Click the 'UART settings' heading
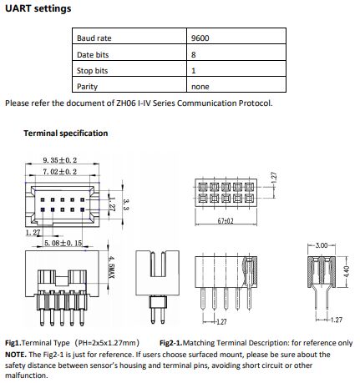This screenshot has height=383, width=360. click(38, 8)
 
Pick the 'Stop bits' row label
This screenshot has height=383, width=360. click(92, 71)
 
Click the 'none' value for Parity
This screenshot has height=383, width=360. click(200, 87)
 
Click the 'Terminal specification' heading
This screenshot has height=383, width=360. click(66, 134)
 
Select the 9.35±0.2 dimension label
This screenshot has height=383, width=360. click(60, 160)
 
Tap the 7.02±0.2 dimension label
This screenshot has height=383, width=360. click(60, 172)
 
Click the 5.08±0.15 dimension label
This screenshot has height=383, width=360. click(63, 243)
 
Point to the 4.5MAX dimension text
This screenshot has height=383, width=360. click(112, 268)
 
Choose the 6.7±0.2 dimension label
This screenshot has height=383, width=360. click(226, 221)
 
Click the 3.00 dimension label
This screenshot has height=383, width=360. click(322, 245)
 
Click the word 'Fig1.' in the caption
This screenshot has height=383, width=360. click(13, 343)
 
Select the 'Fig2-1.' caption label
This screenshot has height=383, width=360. click(171, 343)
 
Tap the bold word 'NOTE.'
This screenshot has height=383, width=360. click(16, 355)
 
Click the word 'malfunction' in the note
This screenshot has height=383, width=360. click(26, 375)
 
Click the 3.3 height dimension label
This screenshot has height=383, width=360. click(126, 204)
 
